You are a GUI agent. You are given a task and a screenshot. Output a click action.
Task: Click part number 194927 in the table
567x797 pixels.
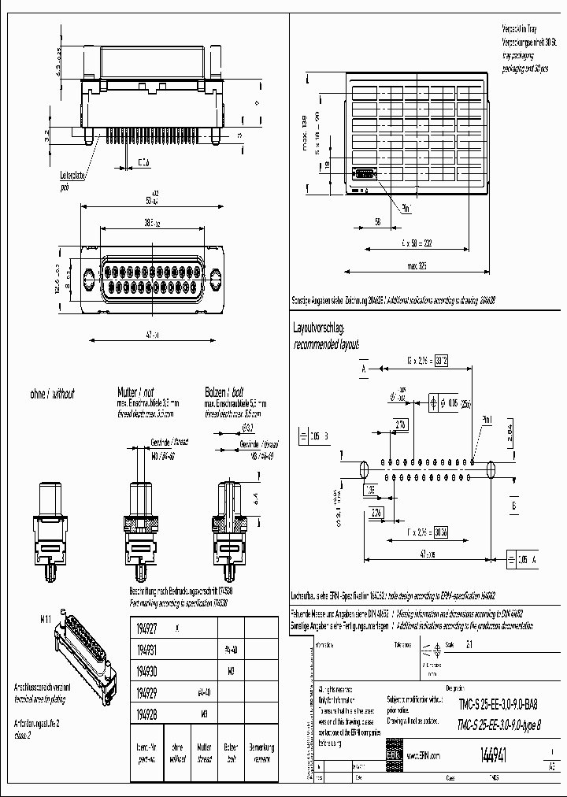point(146,628)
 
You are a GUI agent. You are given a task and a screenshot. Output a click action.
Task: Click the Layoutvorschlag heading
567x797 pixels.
point(319,326)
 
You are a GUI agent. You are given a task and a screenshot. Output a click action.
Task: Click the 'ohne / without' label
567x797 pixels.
point(51,393)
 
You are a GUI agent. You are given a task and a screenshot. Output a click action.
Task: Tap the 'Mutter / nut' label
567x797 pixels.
point(136,391)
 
